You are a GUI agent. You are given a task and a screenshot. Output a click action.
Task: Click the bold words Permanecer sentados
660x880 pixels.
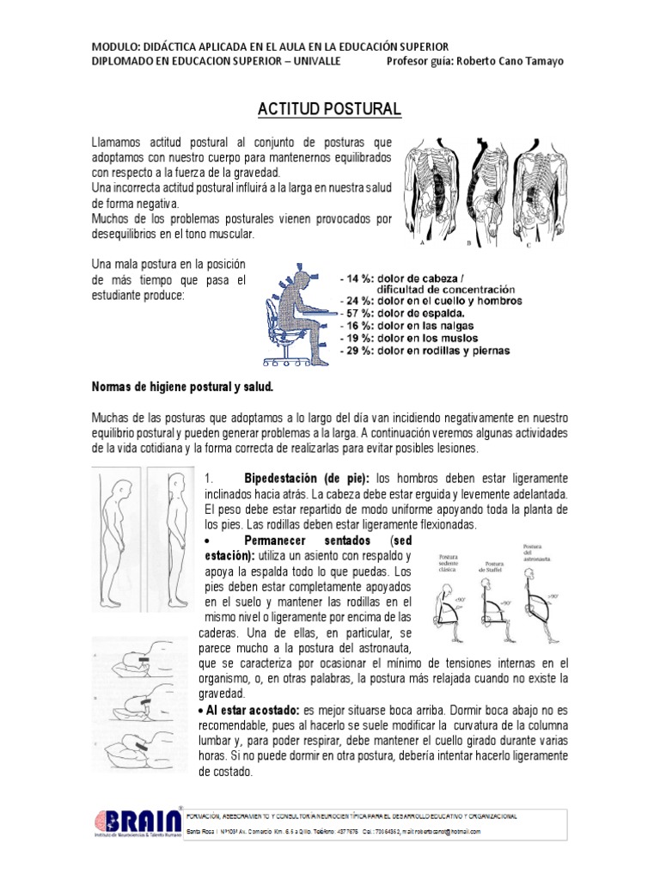(x=307, y=541)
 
